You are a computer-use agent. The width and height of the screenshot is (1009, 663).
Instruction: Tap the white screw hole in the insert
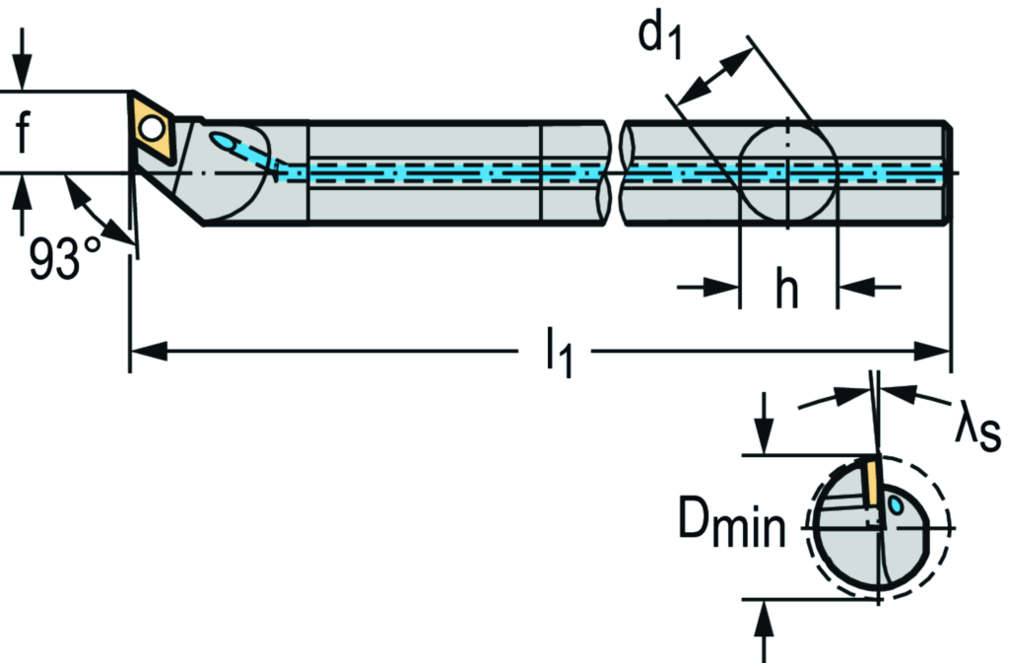click(151, 128)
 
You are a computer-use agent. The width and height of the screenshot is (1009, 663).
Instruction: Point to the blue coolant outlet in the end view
click(897, 507)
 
